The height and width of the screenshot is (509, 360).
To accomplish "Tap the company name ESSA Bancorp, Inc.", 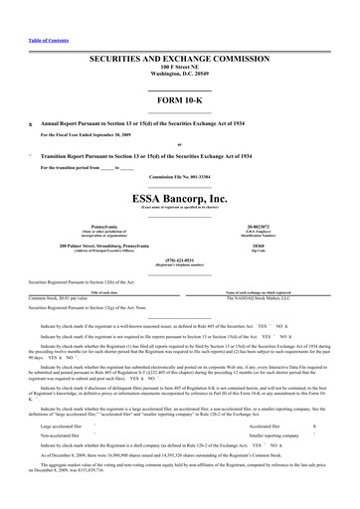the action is tap(180, 198).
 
